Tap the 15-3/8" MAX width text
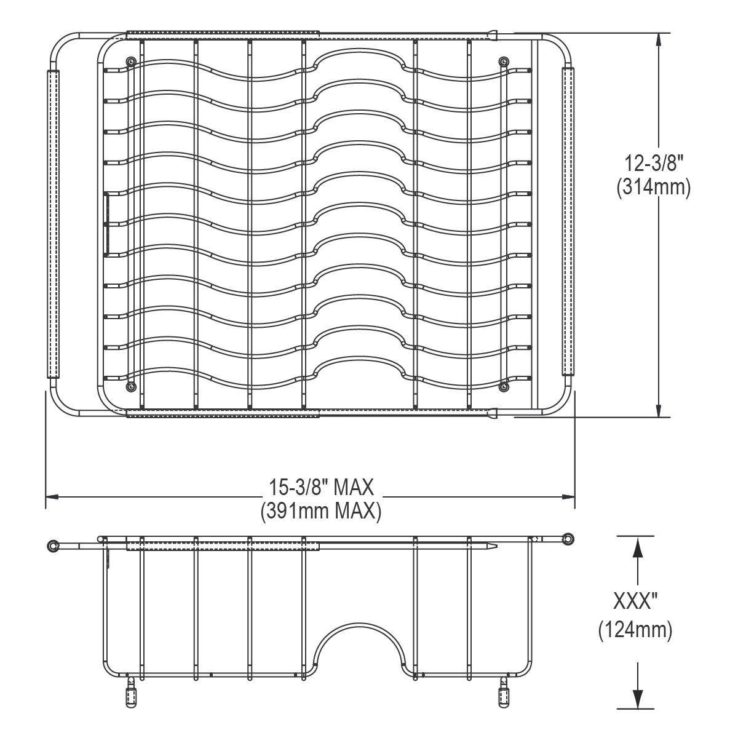321,488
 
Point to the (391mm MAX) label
321,511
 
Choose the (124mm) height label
635,630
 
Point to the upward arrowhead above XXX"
638,545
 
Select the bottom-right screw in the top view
504,386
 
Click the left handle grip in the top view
53,223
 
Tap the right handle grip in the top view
568,221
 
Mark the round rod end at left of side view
54,545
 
